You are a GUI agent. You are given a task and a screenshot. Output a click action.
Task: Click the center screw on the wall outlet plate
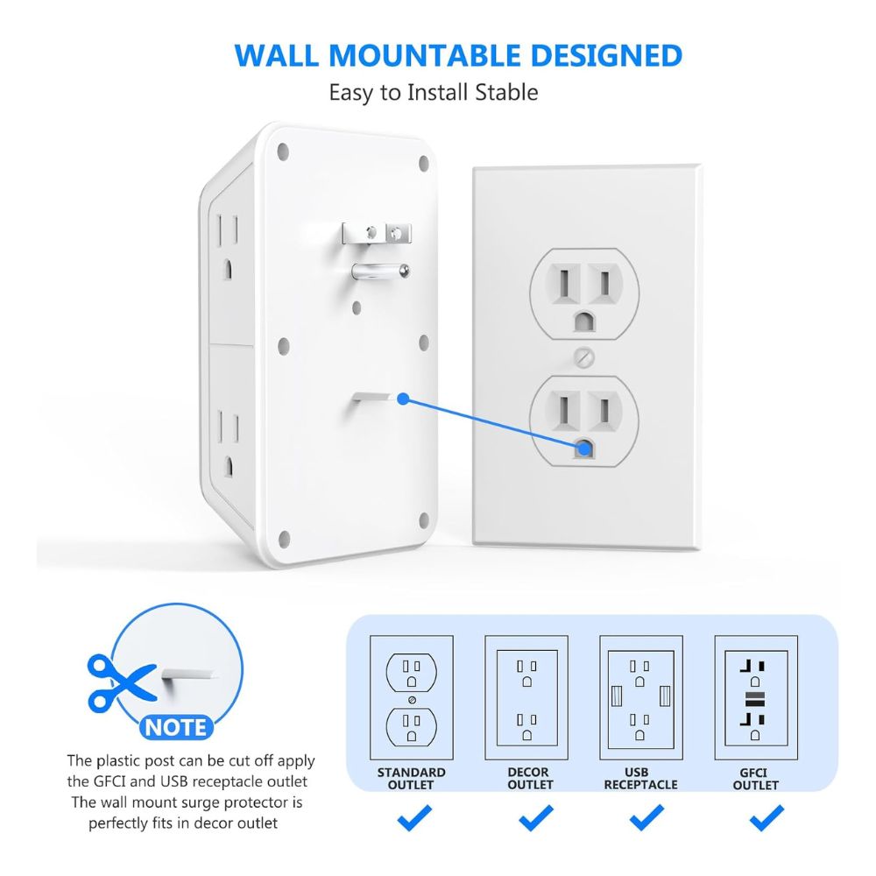[583, 357]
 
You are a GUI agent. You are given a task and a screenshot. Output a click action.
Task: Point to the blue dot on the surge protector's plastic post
[403, 399]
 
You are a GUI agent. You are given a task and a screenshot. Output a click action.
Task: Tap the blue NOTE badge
[176, 727]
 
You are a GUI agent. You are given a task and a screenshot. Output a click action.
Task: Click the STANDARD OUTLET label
[411, 778]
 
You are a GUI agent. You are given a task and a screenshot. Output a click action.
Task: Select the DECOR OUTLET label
[530, 778]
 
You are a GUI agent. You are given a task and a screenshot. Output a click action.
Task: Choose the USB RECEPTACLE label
[640, 778]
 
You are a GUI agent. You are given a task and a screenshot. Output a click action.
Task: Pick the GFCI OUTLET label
[755, 778]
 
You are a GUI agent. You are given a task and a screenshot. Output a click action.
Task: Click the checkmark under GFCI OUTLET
[766, 818]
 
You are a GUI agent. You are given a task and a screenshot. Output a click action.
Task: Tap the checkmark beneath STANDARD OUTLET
[414, 818]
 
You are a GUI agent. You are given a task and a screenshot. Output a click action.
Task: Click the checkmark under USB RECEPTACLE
[647, 818]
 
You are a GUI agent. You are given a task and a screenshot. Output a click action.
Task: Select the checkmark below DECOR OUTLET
[536, 818]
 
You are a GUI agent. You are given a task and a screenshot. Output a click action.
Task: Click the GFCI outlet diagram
[756, 697]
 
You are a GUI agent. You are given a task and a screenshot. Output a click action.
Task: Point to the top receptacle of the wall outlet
[584, 293]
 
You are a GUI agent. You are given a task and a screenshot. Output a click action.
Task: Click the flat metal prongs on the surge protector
[377, 232]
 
